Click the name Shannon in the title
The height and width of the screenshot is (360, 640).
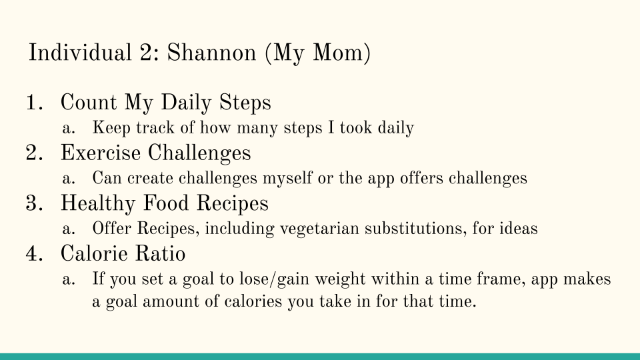(211, 53)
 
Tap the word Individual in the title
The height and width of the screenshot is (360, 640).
(80, 53)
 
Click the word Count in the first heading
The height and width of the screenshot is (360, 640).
(89, 103)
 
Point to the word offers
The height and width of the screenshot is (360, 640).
(421, 179)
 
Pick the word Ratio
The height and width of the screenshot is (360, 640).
(160, 253)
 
